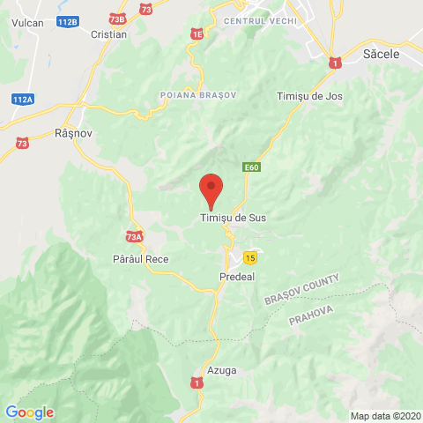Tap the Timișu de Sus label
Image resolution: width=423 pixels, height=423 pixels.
(233, 218)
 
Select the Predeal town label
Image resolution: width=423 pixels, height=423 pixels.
(236, 276)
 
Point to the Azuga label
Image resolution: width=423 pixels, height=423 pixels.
(222, 370)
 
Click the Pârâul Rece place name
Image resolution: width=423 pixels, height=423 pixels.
(140, 259)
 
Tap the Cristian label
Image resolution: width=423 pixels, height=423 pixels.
(109, 34)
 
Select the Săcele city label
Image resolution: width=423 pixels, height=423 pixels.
(382, 55)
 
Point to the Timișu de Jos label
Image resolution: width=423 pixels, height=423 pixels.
(309, 95)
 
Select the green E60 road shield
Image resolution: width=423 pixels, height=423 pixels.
(252, 167)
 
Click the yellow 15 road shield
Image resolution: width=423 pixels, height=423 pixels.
(251, 257)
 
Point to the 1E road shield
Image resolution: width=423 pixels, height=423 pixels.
(197, 33)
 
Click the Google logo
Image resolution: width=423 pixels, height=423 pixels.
(29, 412)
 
